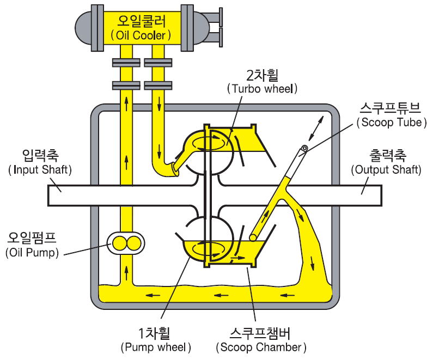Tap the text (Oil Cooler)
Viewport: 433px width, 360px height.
[x=141, y=35]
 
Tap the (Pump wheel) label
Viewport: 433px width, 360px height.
[x=156, y=346]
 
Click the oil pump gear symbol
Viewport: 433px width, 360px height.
[x=126, y=243]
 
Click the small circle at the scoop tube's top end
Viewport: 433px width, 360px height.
[x=304, y=148]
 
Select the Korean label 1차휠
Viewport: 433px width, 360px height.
[x=156, y=332]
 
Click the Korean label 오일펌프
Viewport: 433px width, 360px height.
[x=32, y=239]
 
